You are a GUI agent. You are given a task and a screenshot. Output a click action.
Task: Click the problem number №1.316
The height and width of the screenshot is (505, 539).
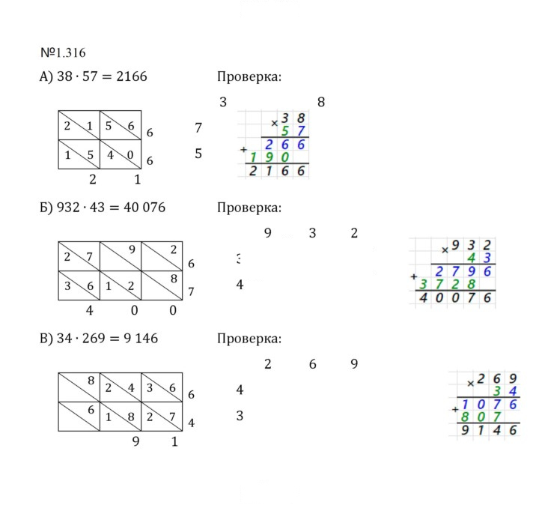63,52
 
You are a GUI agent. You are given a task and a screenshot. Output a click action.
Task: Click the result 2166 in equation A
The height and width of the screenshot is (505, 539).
132,76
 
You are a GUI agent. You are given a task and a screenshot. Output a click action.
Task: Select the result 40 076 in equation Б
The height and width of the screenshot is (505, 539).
144,208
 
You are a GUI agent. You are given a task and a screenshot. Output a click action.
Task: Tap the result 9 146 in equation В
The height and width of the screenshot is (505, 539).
141,338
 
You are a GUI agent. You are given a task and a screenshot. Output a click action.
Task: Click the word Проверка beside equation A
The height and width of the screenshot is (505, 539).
249,76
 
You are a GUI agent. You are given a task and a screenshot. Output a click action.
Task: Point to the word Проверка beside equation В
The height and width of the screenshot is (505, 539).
249,339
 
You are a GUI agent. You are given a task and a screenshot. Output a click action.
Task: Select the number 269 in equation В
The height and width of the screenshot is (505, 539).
94,338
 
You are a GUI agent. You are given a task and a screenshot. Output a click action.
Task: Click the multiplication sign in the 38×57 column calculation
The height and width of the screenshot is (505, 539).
274,123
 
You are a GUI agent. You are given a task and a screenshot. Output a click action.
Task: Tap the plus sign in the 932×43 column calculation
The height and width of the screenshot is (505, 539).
413,276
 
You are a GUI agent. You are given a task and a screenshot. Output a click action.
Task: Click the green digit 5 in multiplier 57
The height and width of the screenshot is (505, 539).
284,131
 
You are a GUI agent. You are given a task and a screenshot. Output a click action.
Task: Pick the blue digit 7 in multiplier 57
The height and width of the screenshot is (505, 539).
301,131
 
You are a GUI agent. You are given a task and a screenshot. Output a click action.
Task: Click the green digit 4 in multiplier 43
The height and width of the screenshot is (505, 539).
471,258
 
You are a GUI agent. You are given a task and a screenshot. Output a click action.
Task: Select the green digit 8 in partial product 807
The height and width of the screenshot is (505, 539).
465,417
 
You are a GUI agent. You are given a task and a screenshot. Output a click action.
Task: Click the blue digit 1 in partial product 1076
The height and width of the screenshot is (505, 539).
465,404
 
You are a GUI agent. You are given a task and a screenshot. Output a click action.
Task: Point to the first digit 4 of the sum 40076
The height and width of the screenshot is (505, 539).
423,297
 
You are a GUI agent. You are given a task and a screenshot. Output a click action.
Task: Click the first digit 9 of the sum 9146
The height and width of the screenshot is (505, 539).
465,430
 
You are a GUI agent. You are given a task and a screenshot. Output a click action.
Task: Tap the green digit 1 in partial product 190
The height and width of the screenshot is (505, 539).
253,157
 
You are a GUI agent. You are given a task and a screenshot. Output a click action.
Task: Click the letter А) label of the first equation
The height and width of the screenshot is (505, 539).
46,76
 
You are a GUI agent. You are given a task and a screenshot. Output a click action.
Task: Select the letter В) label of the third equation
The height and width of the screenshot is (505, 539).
46,339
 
